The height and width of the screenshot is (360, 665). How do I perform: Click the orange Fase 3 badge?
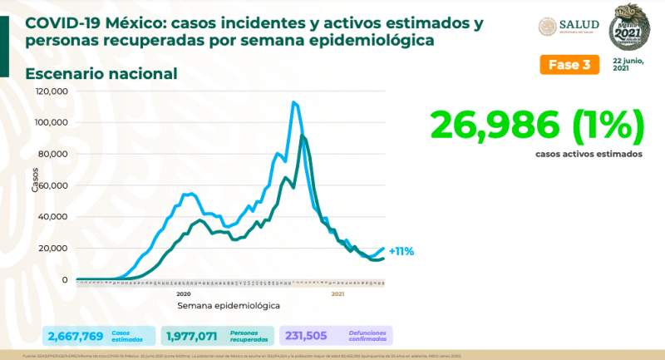[x=571, y=65]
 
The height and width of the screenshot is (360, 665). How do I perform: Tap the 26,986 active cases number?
[x=537, y=126]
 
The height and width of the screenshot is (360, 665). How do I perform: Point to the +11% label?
[x=401, y=250]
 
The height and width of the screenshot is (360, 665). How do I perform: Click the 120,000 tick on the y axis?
[x=52, y=91]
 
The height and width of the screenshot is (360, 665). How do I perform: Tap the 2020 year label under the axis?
[x=184, y=293]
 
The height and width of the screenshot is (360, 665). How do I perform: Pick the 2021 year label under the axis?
[x=337, y=293]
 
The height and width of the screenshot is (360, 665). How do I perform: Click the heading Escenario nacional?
[x=101, y=74]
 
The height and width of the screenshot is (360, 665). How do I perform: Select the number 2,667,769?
[x=76, y=336]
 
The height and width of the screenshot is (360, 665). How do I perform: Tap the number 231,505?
[x=308, y=336]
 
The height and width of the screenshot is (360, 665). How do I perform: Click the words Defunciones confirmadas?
[x=363, y=336]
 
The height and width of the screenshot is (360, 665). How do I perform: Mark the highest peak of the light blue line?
[x=293, y=102]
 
